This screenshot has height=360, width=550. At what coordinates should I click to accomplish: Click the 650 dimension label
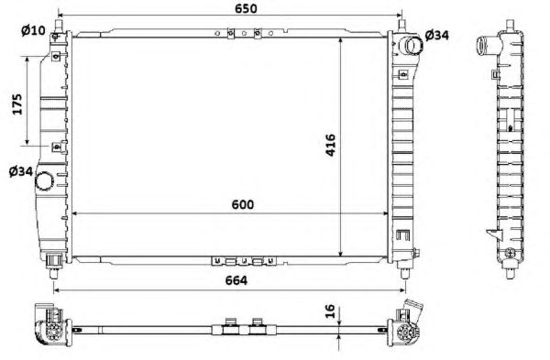pyautogui.click(x=246, y=8)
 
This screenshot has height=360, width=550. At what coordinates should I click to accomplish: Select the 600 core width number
pyautogui.click(x=243, y=204)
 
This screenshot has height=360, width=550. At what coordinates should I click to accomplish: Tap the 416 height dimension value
pyautogui.click(x=330, y=145)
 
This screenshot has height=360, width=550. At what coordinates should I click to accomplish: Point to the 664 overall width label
pyautogui.click(x=236, y=280)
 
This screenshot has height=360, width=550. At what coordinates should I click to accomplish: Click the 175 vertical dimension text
pyautogui.click(x=17, y=104)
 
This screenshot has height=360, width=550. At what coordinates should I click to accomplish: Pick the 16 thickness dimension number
pyautogui.click(x=330, y=311)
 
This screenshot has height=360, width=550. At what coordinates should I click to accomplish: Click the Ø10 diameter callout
pyautogui.click(x=33, y=30)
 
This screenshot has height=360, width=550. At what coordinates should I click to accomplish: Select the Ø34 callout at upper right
pyautogui.click(x=436, y=35)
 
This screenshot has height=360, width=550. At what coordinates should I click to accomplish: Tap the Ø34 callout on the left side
pyautogui.click(x=21, y=171)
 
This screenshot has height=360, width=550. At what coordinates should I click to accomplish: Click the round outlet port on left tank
pyautogui.click(x=44, y=180)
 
